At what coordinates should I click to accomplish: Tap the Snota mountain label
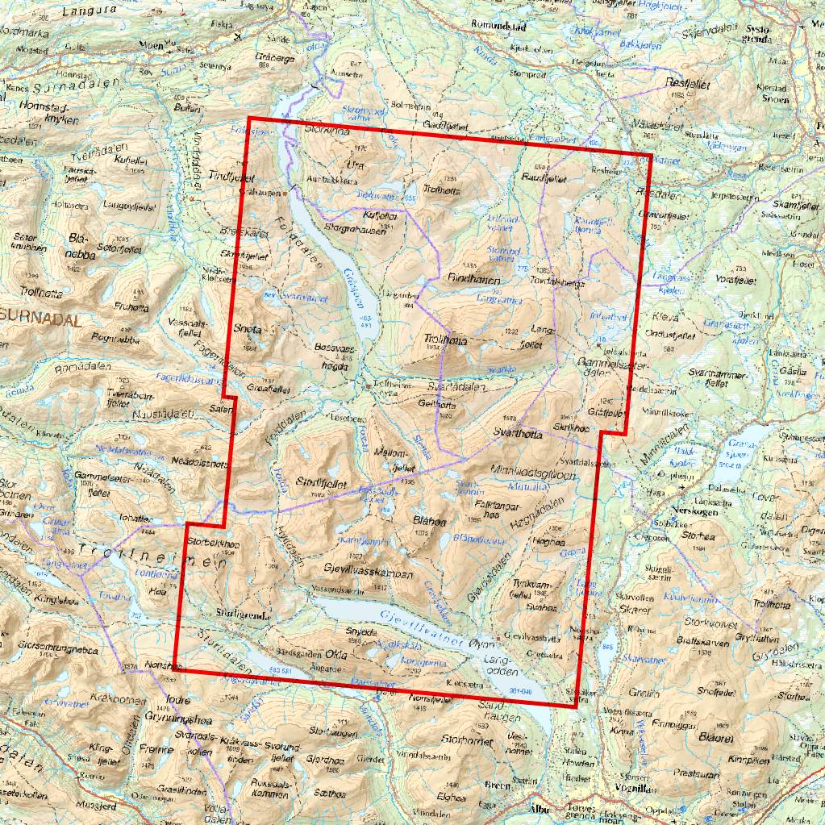pyautogui.click(x=248, y=329)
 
